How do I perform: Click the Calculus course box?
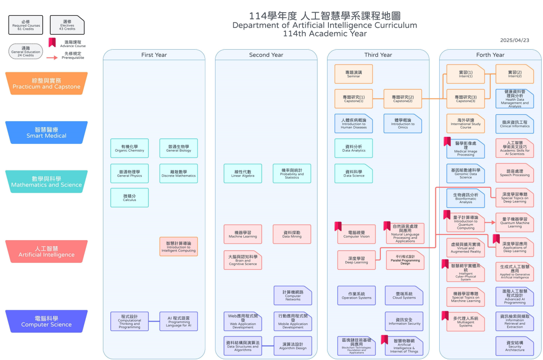point(130,197)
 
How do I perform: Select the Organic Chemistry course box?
point(130,148)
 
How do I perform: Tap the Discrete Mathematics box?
point(178,173)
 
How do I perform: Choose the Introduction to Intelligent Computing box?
point(178,246)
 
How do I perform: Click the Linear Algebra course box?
point(243,173)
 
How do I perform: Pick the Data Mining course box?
point(292,234)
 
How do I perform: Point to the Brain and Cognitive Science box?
point(243,260)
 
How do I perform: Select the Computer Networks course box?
point(293,295)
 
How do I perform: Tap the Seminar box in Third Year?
point(354,74)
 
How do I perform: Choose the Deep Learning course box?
point(356,260)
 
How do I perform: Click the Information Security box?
point(404,321)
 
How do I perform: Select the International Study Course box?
point(465,123)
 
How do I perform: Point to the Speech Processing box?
point(515,173)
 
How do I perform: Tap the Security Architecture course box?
point(515,346)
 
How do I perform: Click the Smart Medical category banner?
point(47,132)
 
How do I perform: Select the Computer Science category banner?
point(47,321)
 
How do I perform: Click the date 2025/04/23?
point(515,40)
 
